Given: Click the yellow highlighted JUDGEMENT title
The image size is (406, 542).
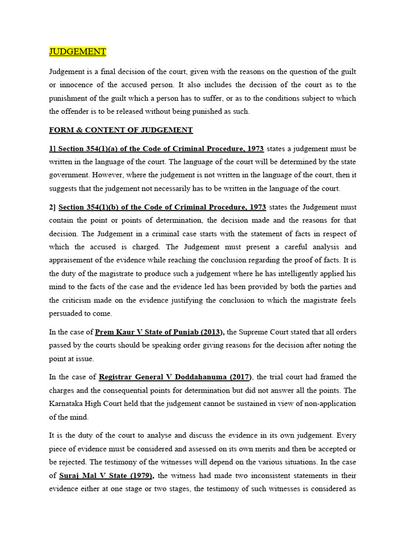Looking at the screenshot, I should [x=78, y=51].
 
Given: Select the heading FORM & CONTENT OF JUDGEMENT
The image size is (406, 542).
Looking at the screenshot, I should [x=121, y=130].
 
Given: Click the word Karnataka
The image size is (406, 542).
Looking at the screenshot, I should [x=68, y=403].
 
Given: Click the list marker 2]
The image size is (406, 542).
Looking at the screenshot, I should [x=52, y=206].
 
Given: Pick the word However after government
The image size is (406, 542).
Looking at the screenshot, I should [x=109, y=175].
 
